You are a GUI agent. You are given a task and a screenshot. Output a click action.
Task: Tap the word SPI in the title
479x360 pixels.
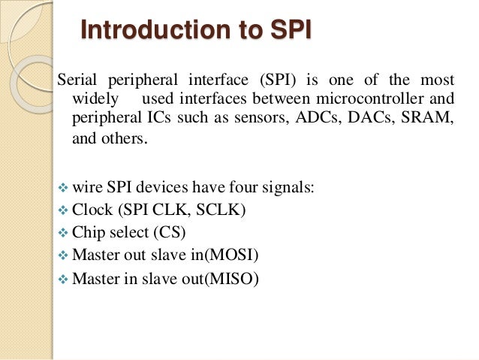[288, 32]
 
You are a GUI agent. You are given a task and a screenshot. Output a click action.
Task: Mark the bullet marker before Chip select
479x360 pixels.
[63, 234]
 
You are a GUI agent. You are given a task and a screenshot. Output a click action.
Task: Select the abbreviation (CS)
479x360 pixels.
[170, 234]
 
